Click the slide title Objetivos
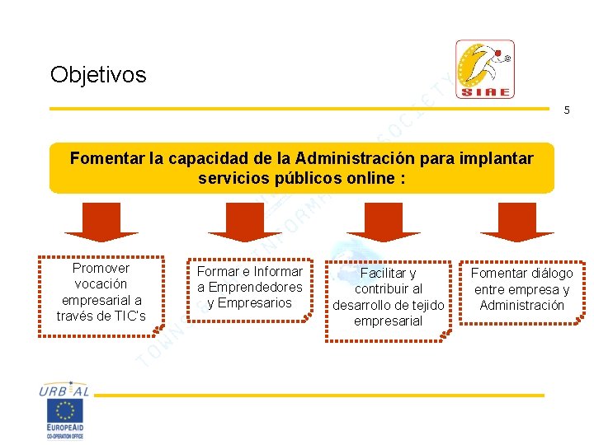pyautogui.click(x=98, y=75)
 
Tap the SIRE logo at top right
pyautogui.click(x=485, y=69)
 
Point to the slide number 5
pyautogui.click(x=566, y=110)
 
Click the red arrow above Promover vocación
pyautogui.click(x=101, y=222)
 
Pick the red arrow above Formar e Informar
pyautogui.click(x=245, y=222)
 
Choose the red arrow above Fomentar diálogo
pyautogui.click(x=517, y=222)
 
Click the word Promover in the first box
pyautogui.click(x=101, y=268)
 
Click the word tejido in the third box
pyautogui.click(x=426, y=305)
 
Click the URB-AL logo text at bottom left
pyautogui.click(x=64, y=391)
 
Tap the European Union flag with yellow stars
pyautogui.click(x=66, y=411)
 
